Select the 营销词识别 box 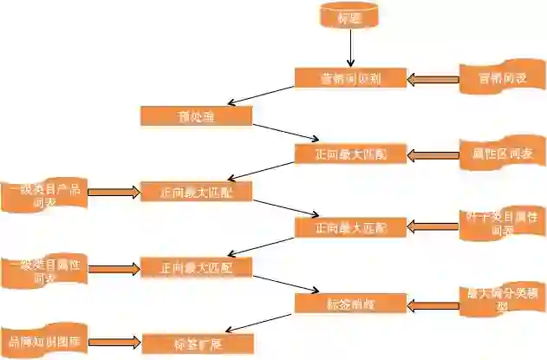click(x=351, y=78)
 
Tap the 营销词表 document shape click(x=503, y=79)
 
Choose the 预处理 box click(x=196, y=115)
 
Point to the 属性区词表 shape click(x=503, y=154)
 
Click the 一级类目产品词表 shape click(x=43, y=193)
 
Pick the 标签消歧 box click(x=351, y=304)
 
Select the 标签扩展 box click(x=198, y=344)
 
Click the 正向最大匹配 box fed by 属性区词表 click(x=351, y=154)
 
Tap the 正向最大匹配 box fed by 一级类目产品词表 click(x=196, y=192)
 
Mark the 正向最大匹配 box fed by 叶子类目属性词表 click(x=351, y=227)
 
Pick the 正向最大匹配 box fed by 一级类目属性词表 click(x=196, y=267)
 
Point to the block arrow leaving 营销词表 click(x=433, y=79)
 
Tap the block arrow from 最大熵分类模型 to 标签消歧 click(x=433, y=304)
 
